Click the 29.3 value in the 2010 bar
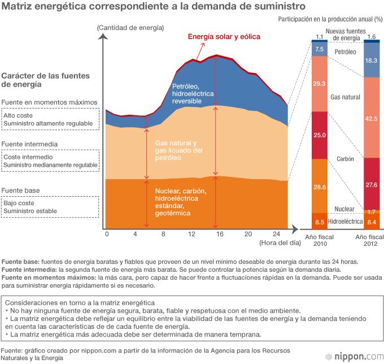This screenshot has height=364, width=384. [x=320, y=84]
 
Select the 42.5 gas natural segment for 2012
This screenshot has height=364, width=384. [x=372, y=118]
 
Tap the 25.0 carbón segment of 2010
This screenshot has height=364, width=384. [x=320, y=135]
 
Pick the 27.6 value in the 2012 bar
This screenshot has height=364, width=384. [x=372, y=185]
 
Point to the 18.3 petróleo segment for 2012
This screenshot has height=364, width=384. [x=372, y=60]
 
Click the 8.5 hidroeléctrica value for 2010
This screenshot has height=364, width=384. [x=320, y=222]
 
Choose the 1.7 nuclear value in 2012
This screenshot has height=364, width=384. [x=372, y=211]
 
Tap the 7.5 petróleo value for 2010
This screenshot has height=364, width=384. [x=320, y=49]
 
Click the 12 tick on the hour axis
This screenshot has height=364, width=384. [x=191, y=234]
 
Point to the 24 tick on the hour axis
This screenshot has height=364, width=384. [x=276, y=234]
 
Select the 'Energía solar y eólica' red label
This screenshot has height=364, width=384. [x=224, y=37]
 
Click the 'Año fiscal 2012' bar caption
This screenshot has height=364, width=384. [x=370, y=240]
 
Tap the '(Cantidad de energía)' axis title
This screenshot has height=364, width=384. [x=130, y=28]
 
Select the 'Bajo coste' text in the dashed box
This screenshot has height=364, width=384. [x=19, y=202]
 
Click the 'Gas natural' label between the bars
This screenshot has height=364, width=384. [x=345, y=97]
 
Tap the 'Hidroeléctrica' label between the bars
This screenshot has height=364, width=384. [x=345, y=222]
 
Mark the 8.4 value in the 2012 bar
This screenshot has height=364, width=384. [x=372, y=222]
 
